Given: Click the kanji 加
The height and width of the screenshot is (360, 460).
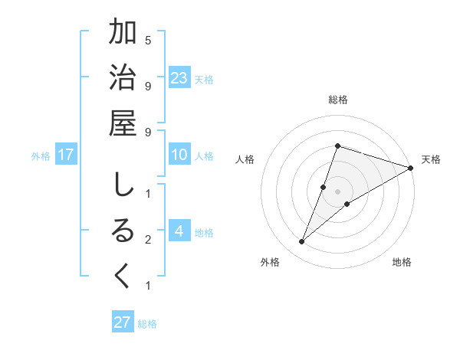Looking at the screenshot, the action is point(123,34).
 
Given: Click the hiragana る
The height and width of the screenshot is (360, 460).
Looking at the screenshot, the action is point(123,231).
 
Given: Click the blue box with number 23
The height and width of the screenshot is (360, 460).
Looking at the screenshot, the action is point(179,77).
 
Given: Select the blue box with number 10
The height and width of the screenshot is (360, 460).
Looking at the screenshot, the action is point(179,155).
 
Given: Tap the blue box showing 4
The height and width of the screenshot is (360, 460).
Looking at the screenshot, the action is point(179,231).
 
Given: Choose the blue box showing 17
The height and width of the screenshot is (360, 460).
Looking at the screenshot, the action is point(66,155).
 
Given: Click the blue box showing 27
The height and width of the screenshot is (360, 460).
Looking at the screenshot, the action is point(123,322).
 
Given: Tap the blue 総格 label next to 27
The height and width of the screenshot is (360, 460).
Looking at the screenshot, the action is point(148,323).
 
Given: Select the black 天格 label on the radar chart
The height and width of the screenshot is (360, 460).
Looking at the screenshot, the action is point(431,159).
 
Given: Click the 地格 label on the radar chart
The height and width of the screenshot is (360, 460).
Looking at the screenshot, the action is point(402,262).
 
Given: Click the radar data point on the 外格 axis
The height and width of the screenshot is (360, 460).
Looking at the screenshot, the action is point(302,242).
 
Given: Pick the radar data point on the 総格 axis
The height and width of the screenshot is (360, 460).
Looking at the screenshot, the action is point(337,146).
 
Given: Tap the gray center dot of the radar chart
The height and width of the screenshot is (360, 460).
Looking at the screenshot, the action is point(337,191).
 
